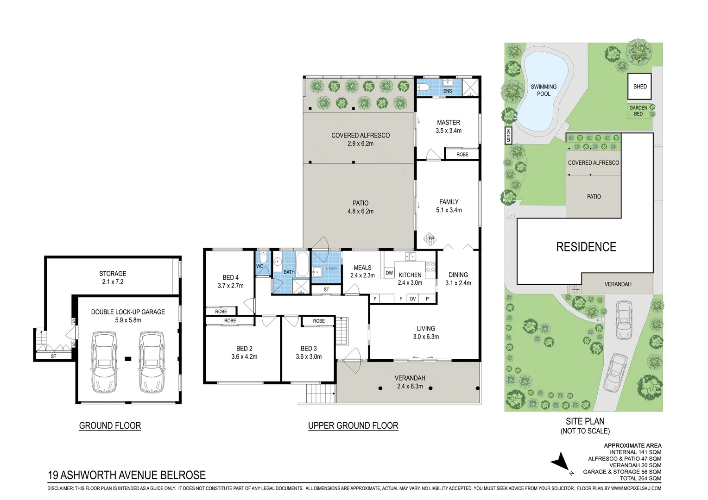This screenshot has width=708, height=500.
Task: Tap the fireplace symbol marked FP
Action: [x=430, y=239]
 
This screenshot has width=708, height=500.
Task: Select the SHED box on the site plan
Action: [x=639, y=86]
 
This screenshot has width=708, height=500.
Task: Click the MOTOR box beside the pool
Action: [x=509, y=136]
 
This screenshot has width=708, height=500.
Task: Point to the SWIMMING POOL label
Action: [x=544, y=90]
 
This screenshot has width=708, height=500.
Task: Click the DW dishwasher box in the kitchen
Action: [x=389, y=273]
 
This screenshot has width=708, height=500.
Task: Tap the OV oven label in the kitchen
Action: [x=413, y=299]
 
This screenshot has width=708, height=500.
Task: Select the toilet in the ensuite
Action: [x=423, y=87]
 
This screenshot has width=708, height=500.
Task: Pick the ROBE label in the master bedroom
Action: [x=462, y=155]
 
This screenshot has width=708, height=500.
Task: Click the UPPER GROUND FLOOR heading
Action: [x=353, y=425]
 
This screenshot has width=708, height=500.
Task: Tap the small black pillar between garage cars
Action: [x=128, y=359]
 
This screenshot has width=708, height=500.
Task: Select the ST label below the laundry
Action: [x=326, y=289]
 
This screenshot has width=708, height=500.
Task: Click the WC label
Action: [x=259, y=266]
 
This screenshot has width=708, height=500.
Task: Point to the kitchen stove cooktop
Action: [x=430, y=267]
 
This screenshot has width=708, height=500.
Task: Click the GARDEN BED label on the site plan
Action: [x=638, y=111]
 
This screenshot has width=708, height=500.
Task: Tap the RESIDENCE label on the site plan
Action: [x=586, y=247]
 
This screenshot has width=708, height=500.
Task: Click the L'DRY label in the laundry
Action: [x=332, y=269]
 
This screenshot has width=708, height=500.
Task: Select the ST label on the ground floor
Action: [x=53, y=356]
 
